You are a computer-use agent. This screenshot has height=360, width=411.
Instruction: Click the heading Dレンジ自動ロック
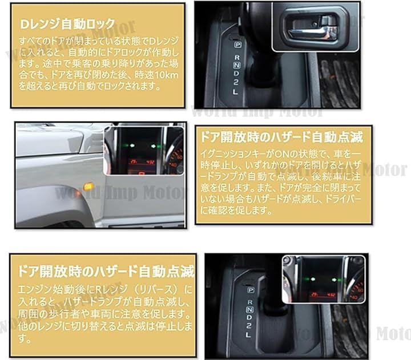pos(67,24)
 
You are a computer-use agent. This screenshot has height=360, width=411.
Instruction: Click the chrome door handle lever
pos(312,32)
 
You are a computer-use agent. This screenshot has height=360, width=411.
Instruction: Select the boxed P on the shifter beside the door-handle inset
pos(237,45)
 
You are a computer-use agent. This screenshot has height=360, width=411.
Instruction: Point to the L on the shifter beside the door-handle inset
pos(235,92)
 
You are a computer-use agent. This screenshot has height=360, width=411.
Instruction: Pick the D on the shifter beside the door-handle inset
pos(236,74)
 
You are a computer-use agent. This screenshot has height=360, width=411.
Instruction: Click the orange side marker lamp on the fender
pos(89,187)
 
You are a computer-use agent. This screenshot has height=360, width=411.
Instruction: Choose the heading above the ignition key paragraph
pos(281,137)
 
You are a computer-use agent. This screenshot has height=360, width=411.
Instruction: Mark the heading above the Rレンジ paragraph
pos(106,271)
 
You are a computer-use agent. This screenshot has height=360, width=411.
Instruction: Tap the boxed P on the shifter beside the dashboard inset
pos(251,290)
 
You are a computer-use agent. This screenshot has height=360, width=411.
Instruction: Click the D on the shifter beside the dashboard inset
pos(249,317)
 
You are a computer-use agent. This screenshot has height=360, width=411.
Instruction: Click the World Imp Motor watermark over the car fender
pos(119,193)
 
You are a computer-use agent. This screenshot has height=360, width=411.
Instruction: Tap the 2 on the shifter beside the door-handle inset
pos(236,83)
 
